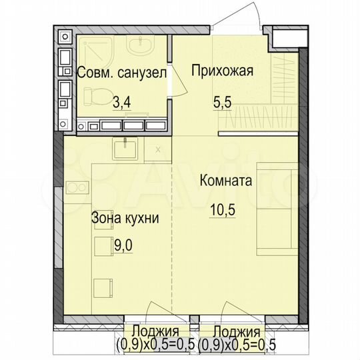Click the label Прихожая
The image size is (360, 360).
pos(222,71)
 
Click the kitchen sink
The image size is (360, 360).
pos(124,148)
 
